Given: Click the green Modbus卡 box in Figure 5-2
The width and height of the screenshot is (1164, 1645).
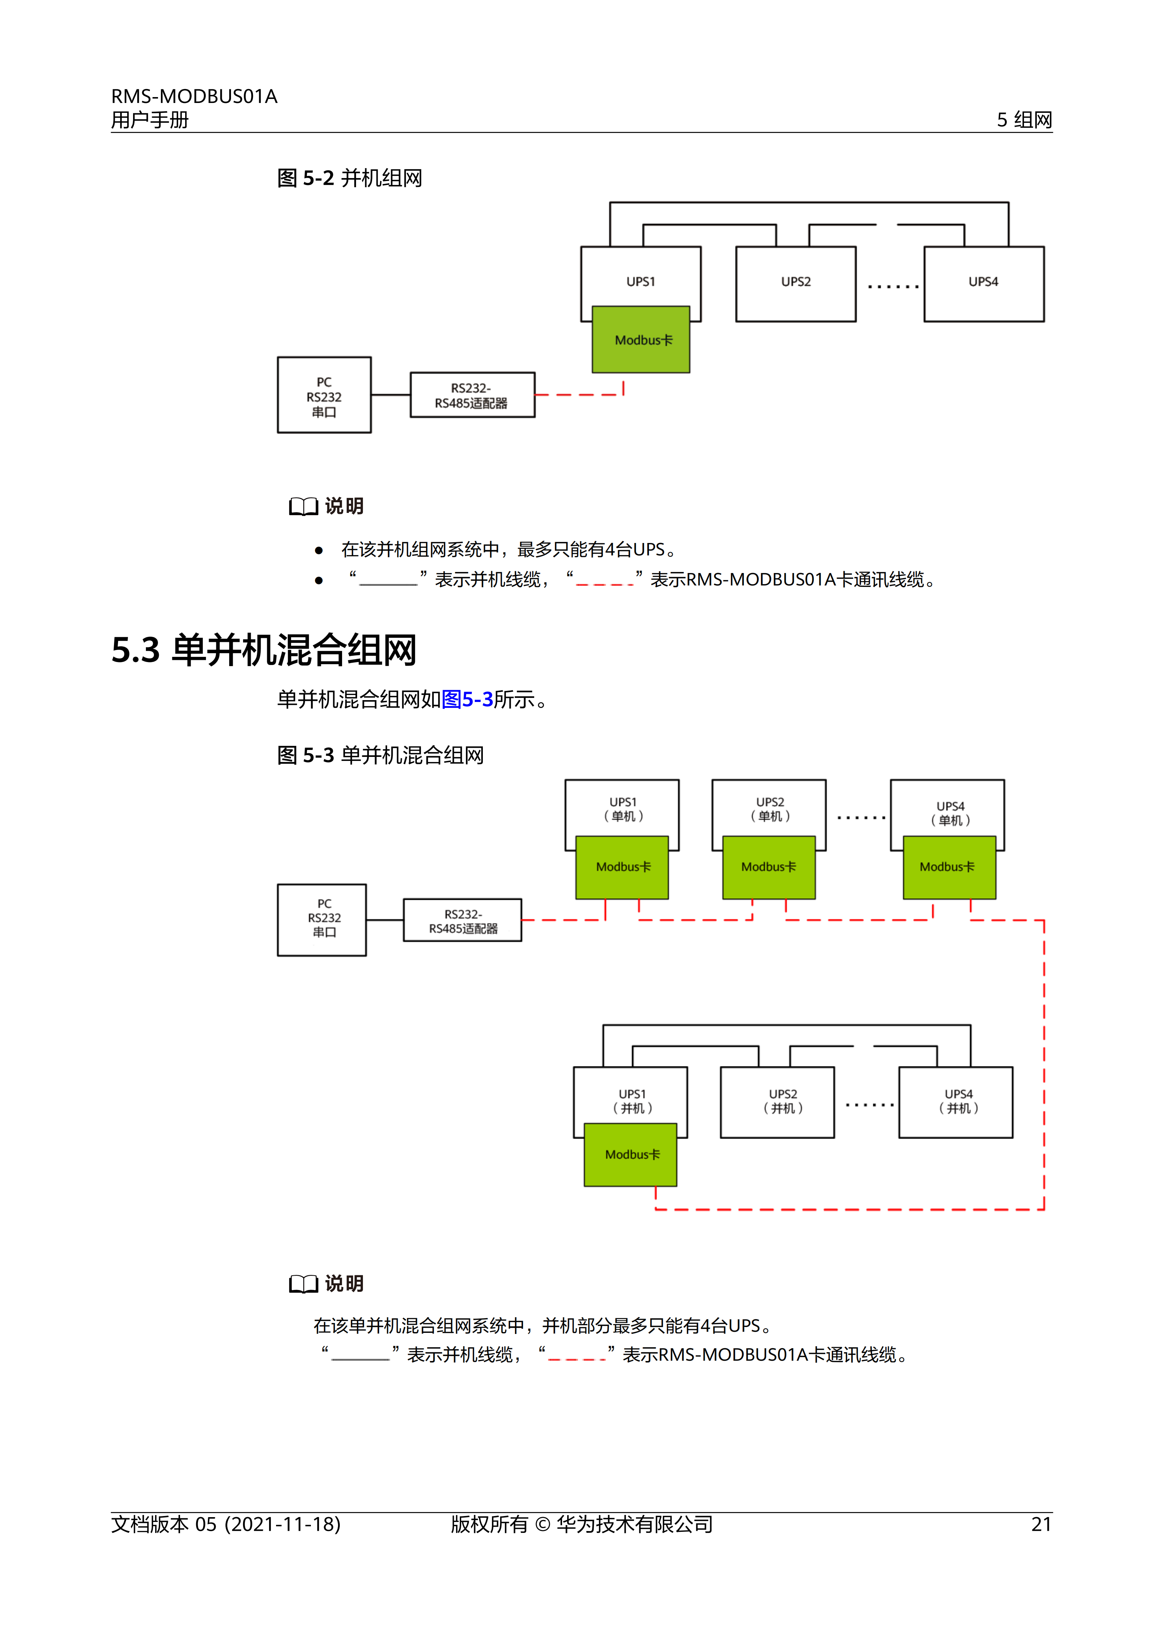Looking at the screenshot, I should pos(641,340).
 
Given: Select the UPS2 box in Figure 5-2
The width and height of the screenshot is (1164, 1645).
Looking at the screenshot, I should pos(796,284).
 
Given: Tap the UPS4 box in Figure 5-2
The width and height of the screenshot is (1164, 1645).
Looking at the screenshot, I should pos(983,284).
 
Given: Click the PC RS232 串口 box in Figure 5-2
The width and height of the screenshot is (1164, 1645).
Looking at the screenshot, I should pos(324,395).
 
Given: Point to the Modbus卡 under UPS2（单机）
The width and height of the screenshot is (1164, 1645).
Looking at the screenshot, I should pos(768,867).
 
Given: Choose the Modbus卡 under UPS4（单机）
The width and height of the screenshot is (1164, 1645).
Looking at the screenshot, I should pos(949,867).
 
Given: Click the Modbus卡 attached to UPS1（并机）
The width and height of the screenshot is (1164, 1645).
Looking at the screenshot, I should pos(631,1154).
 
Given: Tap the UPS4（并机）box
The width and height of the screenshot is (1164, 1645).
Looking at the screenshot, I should pos(955,1102).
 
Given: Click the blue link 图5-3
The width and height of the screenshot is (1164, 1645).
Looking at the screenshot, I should pos(467,699).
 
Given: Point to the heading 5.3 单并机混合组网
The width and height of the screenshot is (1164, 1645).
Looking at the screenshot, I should pos(264,651).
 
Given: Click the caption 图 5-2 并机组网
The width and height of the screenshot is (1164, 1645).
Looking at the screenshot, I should pos(350,178).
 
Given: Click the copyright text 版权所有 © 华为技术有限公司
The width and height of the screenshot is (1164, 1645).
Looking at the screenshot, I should pos(581,1524).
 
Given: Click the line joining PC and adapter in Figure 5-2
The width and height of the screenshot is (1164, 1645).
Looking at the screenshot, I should pos(391,395).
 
